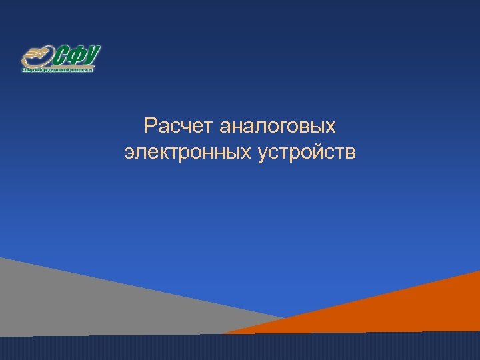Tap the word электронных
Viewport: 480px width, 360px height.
pyautogui.click(x=186, y=153)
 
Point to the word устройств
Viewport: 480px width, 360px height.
pyautogui.click(x=305, y=153)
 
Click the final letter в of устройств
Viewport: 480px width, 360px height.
pyautogui.click(x=351, y=153)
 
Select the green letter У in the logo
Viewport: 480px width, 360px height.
pyautogui.click(x=94, y=54)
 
